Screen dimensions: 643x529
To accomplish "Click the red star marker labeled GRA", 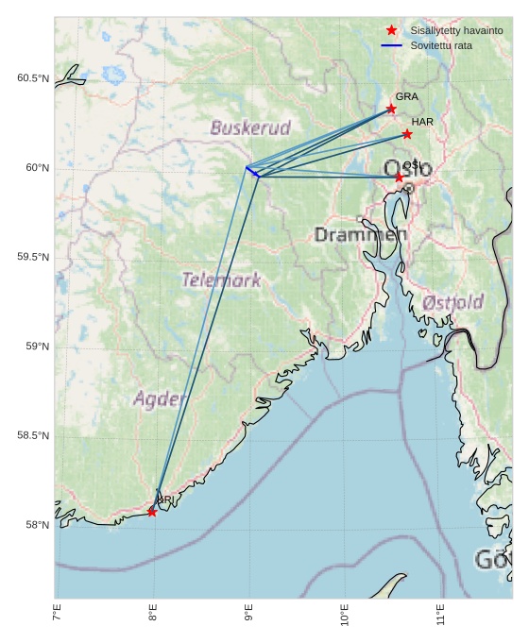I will coord(391,110).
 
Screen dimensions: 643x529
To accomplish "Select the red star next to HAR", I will coord(407,134).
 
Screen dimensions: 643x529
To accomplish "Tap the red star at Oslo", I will coord(399,178).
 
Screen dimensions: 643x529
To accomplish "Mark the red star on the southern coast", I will coord(152,512).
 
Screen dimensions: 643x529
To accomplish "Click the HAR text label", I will coord(422,122).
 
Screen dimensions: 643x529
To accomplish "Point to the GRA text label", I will coord(406,96).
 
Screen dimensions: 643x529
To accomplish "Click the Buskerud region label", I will coord(250,127).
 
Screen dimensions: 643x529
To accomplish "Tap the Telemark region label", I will coord(221,279).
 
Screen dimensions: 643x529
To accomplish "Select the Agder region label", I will coord(159,398).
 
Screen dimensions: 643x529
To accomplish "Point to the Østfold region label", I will coord(453,302).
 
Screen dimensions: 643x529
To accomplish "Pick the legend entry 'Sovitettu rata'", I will coord(441,45).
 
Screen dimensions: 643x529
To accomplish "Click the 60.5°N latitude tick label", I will coord(33,78).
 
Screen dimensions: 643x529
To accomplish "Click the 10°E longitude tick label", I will coord(345,618).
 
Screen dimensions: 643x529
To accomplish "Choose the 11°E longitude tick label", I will coord(441,618).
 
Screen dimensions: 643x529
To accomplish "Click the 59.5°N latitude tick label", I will coord(33,258).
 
